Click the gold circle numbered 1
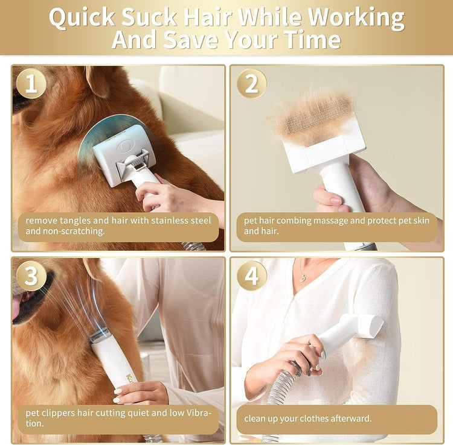(x=31, y=84)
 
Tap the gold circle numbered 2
(x=251, y=84)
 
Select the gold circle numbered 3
(x=31, y=276)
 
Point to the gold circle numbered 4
(x=251, y=276)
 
